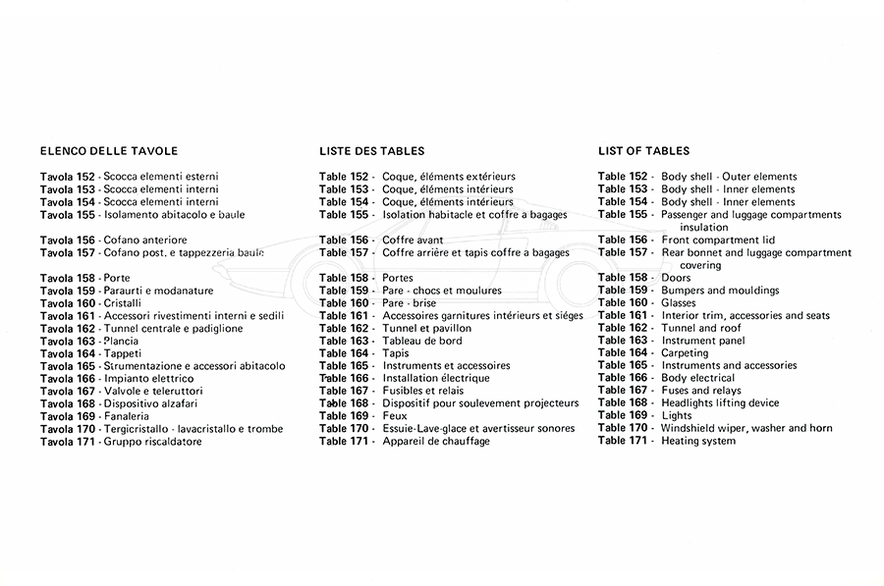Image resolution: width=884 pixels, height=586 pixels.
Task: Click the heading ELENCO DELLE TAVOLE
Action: (x=109, y=151)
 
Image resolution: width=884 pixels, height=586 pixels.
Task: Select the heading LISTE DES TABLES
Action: (x=371, y=151)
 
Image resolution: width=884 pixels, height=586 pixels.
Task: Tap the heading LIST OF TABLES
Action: (x=643, y=151)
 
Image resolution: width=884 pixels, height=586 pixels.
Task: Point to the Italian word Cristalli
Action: (x=122, y=303)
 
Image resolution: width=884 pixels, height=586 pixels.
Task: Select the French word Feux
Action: (x=395, y=416)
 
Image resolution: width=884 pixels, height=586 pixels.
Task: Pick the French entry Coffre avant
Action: (x=413, y=240)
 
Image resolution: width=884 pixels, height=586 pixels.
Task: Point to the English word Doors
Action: (x=676, y=278)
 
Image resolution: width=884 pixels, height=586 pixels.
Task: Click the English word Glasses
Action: (x=681, y=303)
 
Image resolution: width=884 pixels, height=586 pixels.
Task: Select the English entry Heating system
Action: (x=698, y=441)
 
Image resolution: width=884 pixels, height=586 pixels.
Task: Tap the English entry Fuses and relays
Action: (x=701, y=391)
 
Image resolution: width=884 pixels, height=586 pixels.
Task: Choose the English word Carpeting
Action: (x=685, y=353)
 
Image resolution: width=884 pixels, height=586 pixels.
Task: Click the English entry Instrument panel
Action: (x=703, y=341)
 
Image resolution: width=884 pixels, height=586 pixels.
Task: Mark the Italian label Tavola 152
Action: (x=68, y=177)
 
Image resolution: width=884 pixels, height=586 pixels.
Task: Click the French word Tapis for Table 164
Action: (x=397, y=353)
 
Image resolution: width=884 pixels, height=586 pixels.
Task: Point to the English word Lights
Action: (x=677, y=416)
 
